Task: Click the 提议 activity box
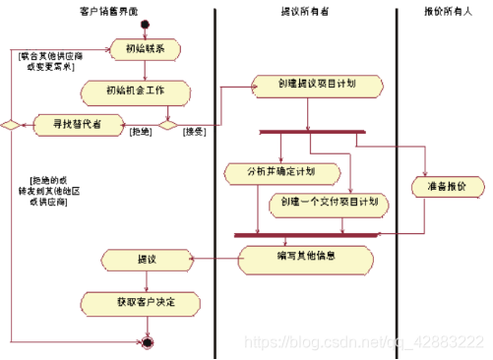tap(145, 260)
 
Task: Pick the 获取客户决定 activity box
tap(145, 303)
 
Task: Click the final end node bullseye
tap(148, 341)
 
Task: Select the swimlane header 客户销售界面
tap(109, 10)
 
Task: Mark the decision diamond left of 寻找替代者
tap(10, 125)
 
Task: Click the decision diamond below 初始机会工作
tap(167, 125)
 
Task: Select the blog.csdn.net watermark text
tap(363, 341)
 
